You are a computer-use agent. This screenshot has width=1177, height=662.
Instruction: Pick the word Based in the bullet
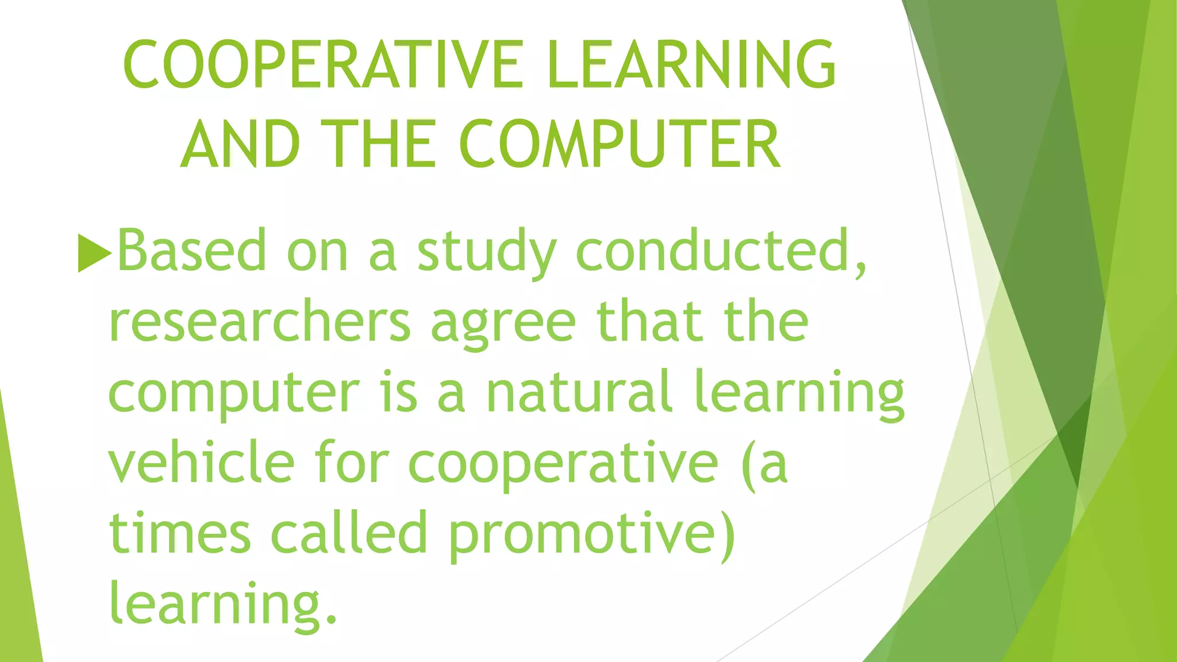click(192, 251)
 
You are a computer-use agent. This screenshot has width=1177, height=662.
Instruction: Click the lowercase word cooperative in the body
click(563, 464)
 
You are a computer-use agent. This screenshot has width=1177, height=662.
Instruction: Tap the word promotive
click(591, 534)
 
